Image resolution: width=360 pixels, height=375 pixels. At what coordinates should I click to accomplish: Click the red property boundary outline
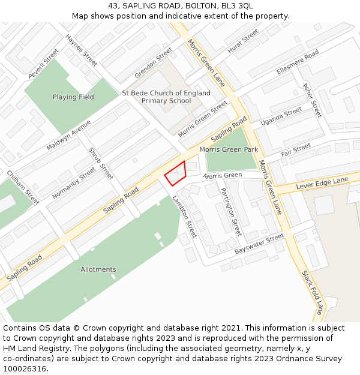(x=176, y=173)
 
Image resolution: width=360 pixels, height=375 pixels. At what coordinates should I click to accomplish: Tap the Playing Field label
(x=73, y=97)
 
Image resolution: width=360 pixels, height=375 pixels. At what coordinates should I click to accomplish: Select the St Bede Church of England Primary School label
(x=166, y=97)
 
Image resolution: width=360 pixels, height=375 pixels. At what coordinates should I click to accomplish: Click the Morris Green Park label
(x=229, y=149)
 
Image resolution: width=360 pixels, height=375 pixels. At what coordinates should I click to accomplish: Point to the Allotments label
(x=98, y=269)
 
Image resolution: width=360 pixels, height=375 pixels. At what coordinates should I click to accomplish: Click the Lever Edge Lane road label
(x=322, y=184)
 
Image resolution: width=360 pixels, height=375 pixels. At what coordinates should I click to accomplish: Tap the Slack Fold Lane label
(x=313, y=292)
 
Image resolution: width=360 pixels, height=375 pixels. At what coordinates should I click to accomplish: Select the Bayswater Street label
(x=259, y=244)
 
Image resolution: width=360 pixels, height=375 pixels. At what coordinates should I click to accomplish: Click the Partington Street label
(x=231, y=211)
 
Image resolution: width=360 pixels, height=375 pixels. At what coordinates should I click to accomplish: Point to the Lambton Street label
(x=185, y=216)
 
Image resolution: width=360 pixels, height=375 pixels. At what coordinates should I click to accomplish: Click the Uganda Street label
(x=281, y=116)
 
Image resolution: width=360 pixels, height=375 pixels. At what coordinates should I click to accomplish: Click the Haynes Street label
(x=82, y=50)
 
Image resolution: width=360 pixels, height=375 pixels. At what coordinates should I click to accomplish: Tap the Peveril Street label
(x=43, y=66)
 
